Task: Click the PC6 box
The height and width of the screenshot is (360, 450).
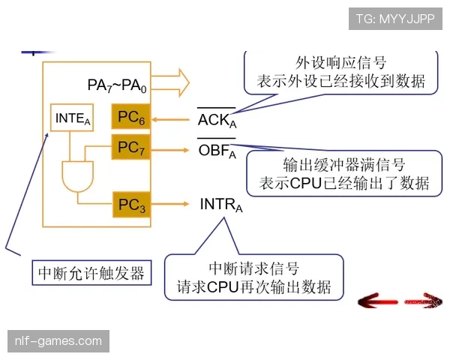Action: [x=131, y=118]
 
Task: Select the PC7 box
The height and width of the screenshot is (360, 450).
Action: [x=131, y=148]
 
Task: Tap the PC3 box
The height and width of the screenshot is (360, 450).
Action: [x=131, y=204]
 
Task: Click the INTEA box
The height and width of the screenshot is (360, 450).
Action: [x=72, y=118]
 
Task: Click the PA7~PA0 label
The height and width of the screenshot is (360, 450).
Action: [x=116, y=85]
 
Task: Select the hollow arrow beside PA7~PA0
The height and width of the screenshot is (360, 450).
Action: [x=173, y=82]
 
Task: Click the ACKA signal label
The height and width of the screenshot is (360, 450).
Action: [x=217, y=120]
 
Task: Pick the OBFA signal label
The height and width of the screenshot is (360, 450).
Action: [x=217, y=151]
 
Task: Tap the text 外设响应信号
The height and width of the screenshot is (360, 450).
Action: [x=340, y=63]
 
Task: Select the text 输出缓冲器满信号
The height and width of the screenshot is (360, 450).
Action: [x=344, y=164]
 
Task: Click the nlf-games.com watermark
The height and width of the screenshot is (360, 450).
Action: [x=58, y=341]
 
